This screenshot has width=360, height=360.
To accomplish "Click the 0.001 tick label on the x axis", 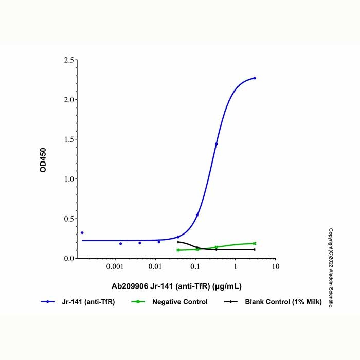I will point(115,267).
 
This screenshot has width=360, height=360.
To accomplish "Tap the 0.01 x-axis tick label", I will point(155,267).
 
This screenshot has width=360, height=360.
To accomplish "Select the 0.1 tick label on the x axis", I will point(195,267).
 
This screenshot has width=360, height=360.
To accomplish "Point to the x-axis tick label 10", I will point(275,267).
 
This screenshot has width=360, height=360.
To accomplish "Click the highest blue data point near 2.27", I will point(255,78).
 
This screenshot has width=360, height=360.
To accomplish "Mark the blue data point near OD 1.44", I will point(216,144).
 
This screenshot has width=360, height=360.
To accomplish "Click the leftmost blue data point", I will point(82,232).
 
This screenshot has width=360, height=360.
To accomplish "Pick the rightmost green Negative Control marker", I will point(255,243).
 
